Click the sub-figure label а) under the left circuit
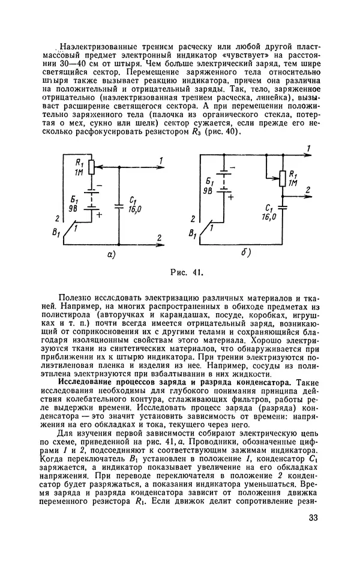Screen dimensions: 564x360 [x=111, y=254]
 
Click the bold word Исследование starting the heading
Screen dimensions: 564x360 [x=86, y=382]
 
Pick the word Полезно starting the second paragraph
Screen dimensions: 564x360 [x=77, y=296]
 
